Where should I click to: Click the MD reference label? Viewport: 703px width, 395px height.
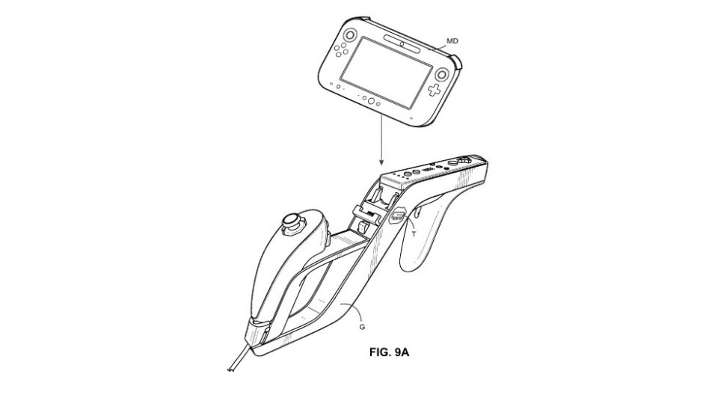452,41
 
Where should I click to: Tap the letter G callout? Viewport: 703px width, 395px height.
362,327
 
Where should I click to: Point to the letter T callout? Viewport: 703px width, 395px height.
414,234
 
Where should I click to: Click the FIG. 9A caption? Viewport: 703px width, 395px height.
389,352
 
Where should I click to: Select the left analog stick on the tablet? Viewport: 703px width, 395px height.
349,35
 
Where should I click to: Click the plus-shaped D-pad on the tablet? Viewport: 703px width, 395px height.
433,90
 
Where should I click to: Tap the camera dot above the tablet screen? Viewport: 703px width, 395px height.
402,44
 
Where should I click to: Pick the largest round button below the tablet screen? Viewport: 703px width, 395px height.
372,100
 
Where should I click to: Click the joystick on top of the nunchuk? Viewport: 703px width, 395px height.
292,222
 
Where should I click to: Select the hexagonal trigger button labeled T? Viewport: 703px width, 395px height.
396,215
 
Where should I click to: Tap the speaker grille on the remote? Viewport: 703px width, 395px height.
429,170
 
